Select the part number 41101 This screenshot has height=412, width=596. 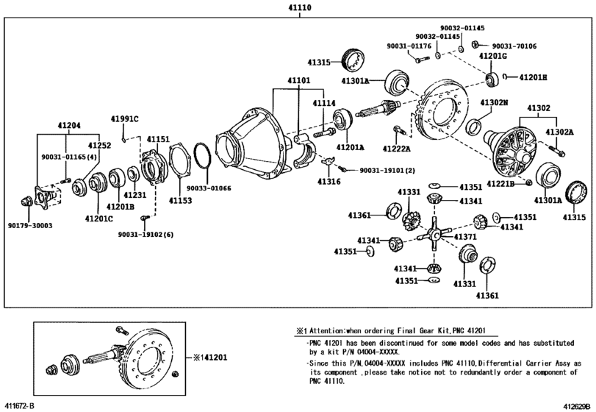pos(298,80)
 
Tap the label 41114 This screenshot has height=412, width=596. pos(324,104)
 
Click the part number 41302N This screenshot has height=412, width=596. pos(495,103)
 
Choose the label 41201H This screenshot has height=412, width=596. pos(534,77)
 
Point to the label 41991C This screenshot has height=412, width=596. pos(125,119)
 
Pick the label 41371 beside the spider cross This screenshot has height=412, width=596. pos(465,237)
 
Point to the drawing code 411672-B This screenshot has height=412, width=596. pos(20,405)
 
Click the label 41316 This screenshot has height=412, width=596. pos(328,180)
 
